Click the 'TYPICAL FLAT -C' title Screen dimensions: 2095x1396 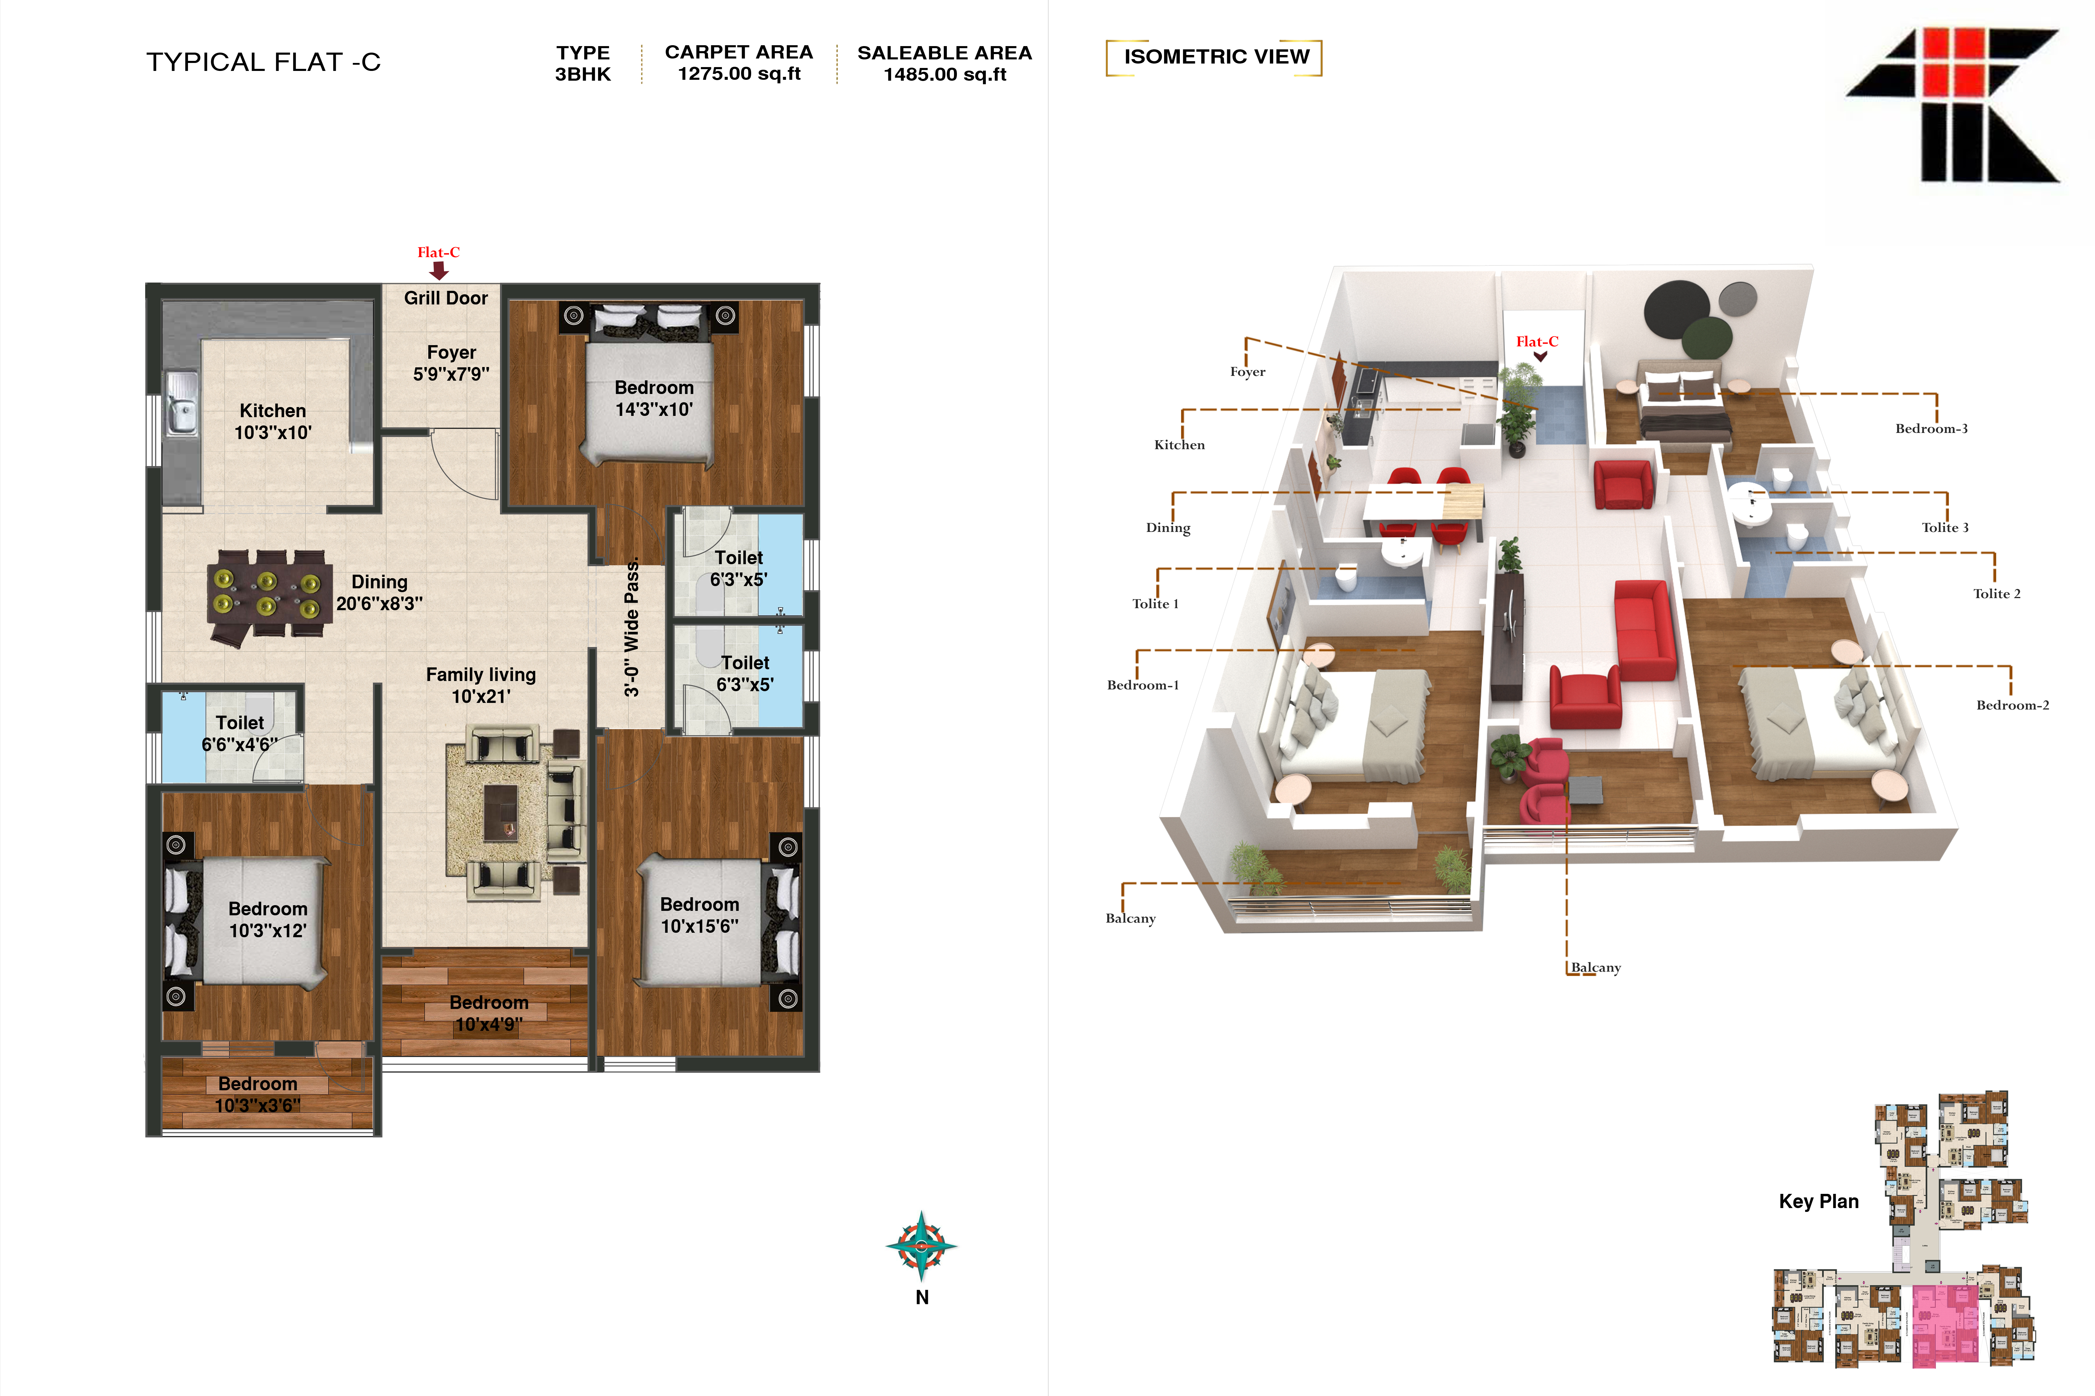(x=264, y=62)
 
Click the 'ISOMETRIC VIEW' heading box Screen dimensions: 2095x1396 (x=1214, y=57)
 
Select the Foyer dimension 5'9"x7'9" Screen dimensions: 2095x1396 (x=451, y=374)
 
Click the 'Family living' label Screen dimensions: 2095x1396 (x=481, y=675)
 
